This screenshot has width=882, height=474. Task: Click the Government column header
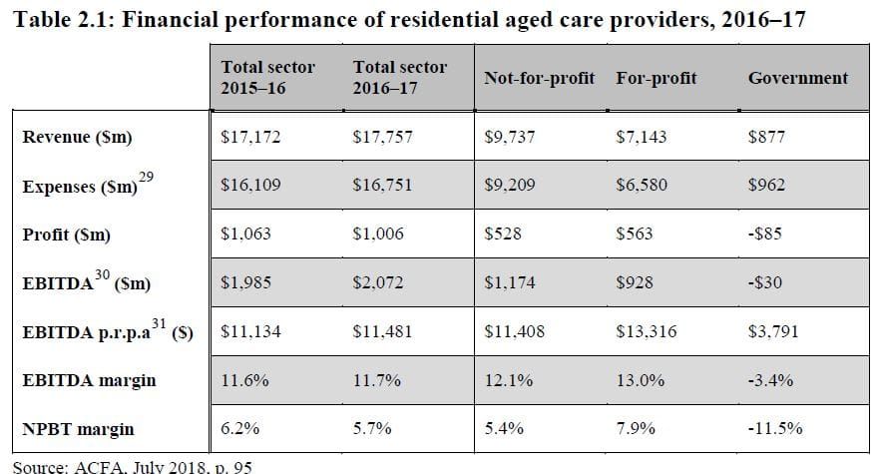[797, 78]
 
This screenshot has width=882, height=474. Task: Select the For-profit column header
[656, 78]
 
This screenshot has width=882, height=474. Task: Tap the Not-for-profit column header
[539, 78]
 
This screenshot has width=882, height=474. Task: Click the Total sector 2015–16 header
[267, 77]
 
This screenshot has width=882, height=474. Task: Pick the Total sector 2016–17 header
[400, 77]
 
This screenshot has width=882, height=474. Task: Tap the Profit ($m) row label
[66, 235]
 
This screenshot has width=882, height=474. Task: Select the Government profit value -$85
[766, 235]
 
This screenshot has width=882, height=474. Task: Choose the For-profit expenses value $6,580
[642, 186]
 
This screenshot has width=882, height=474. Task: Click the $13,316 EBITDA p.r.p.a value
[646, 331]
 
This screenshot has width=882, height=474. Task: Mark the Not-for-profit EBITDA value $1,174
[509, 283]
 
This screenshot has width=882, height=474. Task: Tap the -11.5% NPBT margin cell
[775, 429]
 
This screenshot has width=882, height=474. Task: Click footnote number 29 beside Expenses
[146, 176]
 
